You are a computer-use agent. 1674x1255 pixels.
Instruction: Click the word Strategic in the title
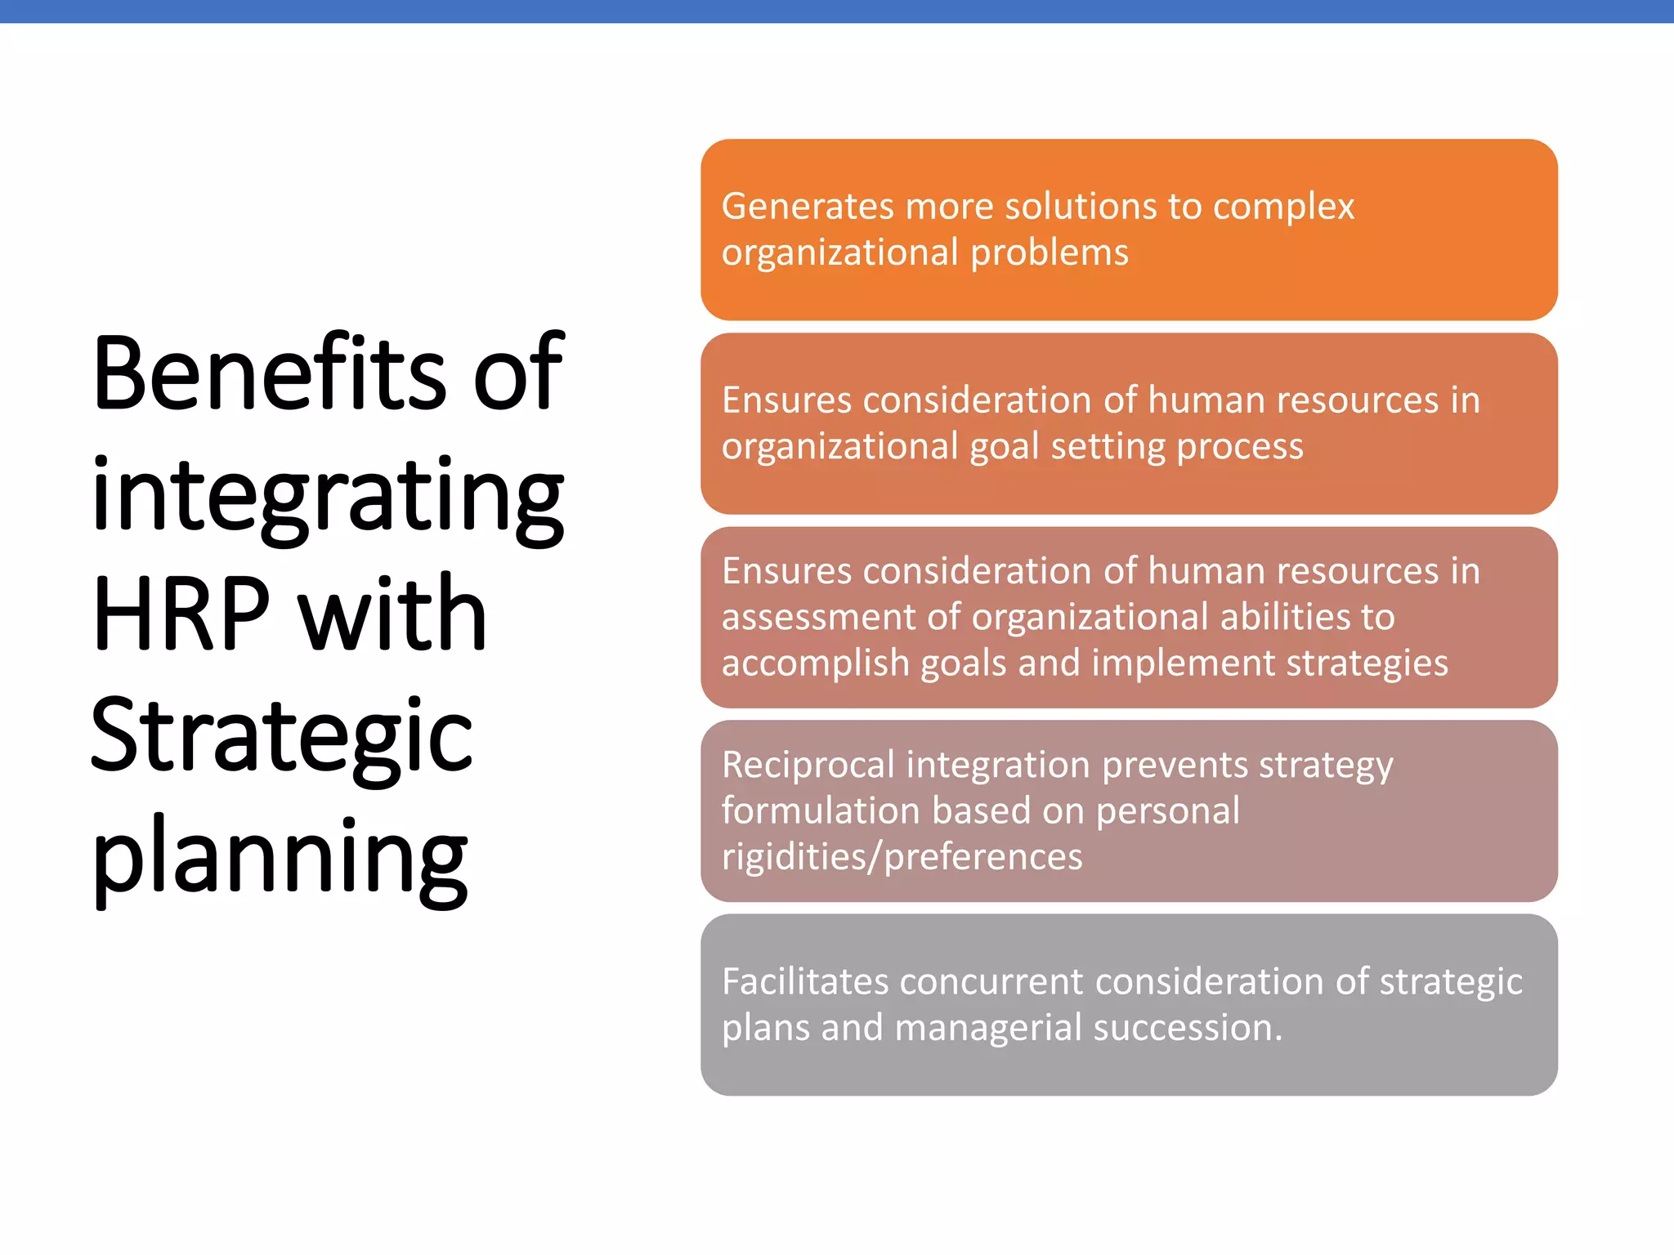(x=281, y=735)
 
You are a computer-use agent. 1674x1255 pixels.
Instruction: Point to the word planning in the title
(x=280, y=858)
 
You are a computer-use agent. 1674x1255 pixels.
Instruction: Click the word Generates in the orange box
(x=808, y=207)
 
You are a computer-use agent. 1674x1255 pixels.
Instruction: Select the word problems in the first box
(x=1050, y=253)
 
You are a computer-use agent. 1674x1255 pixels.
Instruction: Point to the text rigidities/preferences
(x=902, y=857)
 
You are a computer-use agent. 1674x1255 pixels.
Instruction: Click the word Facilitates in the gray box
(x=804, y=982)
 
